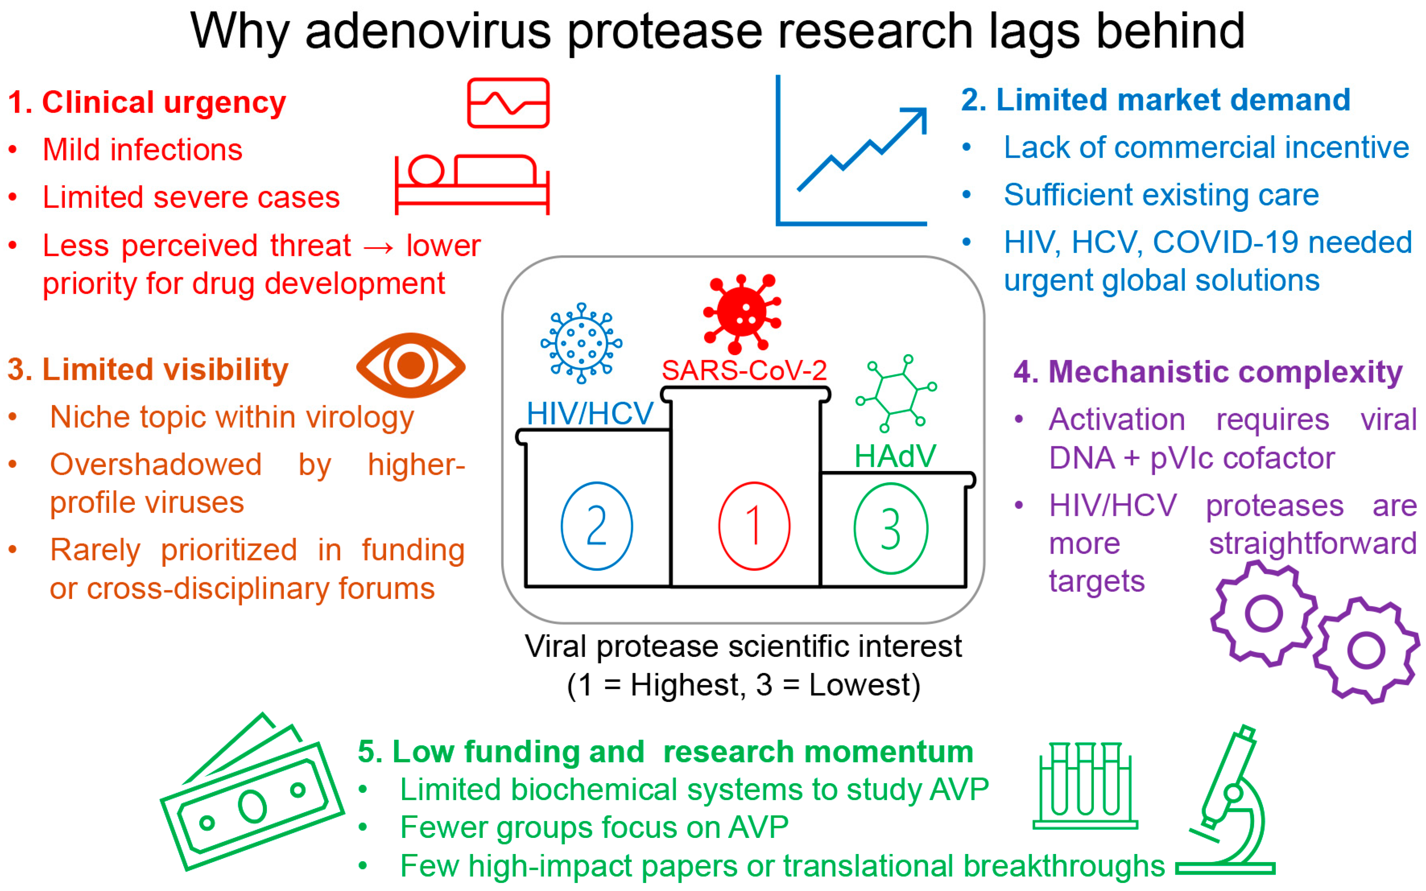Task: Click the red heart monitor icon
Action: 508,103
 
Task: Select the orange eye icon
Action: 411,365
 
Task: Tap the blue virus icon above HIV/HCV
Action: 581,343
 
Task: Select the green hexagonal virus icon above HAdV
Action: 896,393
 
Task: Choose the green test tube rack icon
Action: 1085,787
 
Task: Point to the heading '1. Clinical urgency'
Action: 147,103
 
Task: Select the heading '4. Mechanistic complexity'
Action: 1207,372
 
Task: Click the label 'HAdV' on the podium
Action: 894,456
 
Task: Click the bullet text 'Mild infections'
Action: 142,150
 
